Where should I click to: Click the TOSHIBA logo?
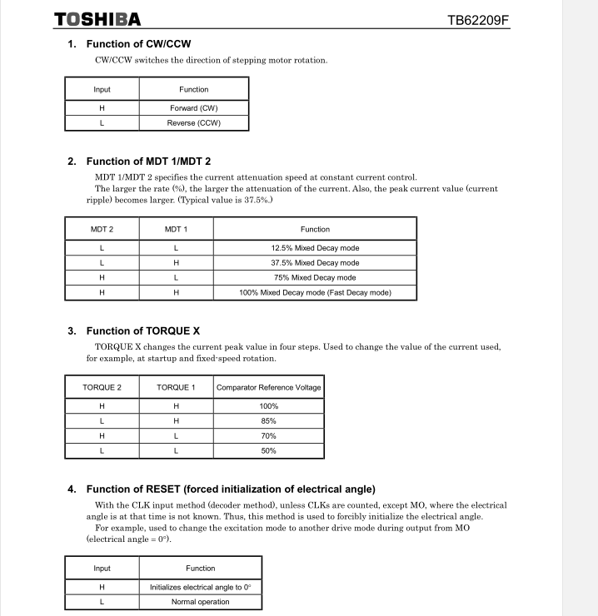pos(97,19)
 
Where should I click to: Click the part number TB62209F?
pos(477,19)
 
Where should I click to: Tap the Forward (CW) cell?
pos(193,108)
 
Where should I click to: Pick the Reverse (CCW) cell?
pos(193,123)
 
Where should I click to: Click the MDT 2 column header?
pos(102,229)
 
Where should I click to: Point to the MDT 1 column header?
pos(176,229)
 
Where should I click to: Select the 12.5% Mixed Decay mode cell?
pos(315,248)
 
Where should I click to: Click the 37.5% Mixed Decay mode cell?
pos(315,263)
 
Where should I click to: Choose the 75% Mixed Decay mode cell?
pos(315,278)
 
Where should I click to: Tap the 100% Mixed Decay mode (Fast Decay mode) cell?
pos(315,293)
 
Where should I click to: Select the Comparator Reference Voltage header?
pos(268,387)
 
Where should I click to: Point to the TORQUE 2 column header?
pos(102,387)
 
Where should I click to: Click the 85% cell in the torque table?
pos(268,421)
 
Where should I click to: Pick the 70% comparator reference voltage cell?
pos(268,436)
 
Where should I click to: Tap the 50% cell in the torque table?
pos(268,451)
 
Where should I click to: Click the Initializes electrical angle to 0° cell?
pos(200,587)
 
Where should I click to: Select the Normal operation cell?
pos(200,602)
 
